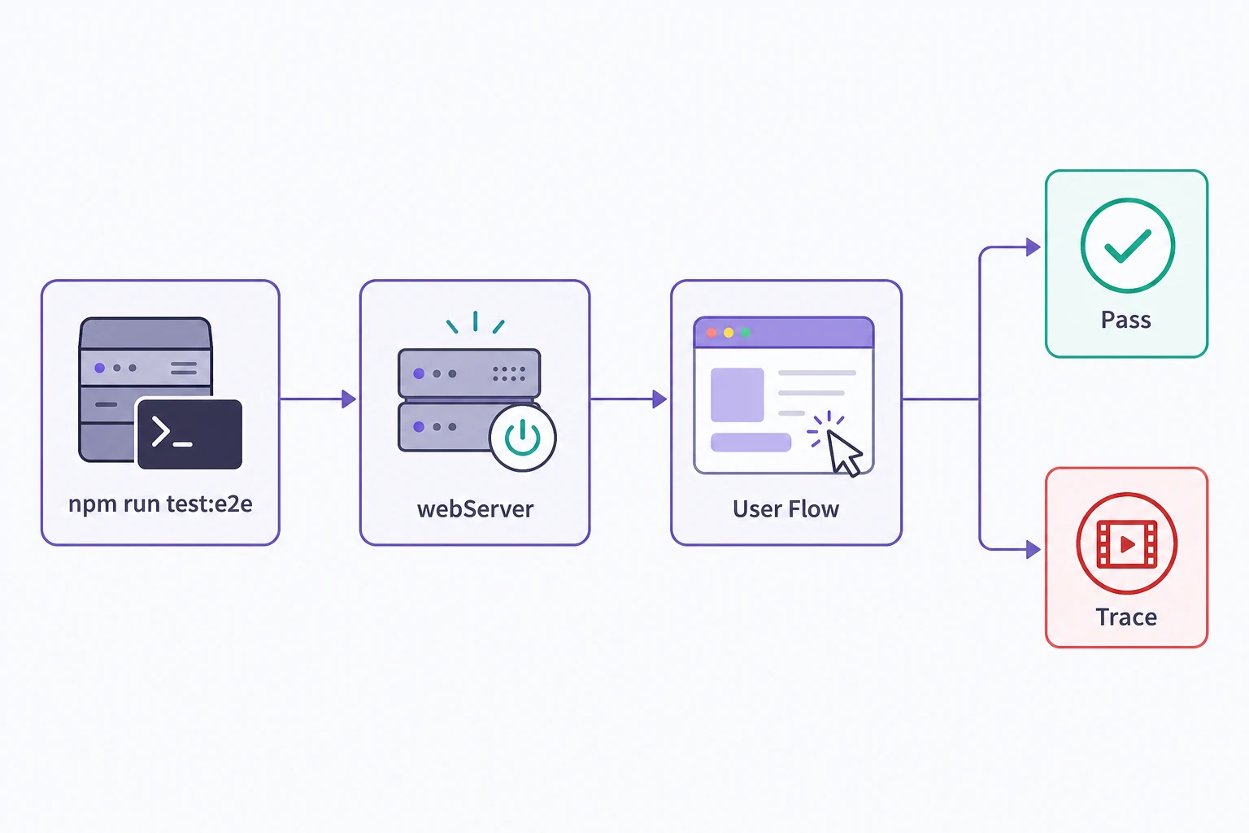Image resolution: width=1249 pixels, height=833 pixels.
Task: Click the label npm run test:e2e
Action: [x=160, y=504]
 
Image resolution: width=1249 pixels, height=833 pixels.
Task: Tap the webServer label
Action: [x=475, y=509]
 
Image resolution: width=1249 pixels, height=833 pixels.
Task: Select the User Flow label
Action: [x=786, y=509]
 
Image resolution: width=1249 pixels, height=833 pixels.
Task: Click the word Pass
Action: [x=1125, y=320]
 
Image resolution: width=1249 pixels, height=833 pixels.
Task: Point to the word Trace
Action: [x=1126, y=617]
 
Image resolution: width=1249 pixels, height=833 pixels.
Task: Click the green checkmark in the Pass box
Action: [x=1128, y=246]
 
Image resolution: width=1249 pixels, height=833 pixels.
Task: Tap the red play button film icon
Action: [x=1127, y=543]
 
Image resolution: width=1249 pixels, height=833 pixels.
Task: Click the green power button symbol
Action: [x=523, y=438]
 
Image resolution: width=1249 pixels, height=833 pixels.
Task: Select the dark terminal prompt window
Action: [x=189, y=434]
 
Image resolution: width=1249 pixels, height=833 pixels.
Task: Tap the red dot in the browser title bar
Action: [x=712, y=333]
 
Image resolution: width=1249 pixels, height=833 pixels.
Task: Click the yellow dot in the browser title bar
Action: [x=729, y=333]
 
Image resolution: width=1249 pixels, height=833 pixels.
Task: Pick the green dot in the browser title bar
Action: [x=746, y=333]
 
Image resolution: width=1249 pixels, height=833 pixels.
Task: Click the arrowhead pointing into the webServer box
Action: [x=349, y=399]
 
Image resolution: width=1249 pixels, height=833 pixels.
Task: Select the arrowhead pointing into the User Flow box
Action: [x=659, y=399]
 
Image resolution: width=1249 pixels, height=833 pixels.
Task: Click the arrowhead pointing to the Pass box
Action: [x=1034, y=246]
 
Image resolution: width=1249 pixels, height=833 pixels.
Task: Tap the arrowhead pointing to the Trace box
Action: [x=1034, y=550]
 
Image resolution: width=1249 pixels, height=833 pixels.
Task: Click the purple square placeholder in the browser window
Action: [x=738, y=395]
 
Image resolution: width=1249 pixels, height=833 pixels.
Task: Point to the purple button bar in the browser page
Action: [x=751, y=443]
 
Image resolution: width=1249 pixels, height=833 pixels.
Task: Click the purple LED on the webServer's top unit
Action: [x=419, y=374]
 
